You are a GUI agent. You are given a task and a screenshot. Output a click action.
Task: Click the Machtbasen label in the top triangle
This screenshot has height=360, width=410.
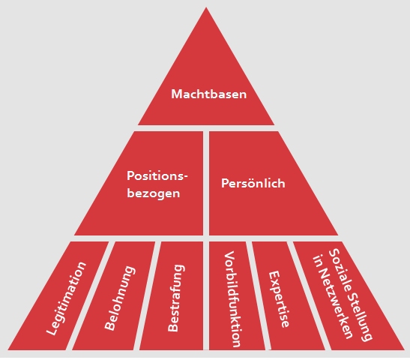tap(208, 94)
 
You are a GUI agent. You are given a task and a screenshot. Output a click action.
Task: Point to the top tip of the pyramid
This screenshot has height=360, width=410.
tap(206, 7)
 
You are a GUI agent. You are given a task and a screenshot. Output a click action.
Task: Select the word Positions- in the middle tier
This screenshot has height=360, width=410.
tap(157, 175)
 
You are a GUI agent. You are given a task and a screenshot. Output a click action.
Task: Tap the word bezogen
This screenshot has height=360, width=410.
tap(154, 193)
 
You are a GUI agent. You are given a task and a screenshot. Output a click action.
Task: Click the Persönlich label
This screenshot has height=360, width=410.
tap(253, 183)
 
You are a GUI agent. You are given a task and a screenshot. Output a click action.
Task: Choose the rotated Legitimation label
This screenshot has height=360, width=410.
tap(66, 298)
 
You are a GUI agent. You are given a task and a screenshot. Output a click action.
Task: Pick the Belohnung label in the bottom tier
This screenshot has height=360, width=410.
tap(120, 298)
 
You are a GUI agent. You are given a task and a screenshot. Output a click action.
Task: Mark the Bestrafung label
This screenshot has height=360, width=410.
tap(176, 298)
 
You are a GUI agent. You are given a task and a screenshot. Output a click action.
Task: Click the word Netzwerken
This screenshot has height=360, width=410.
tap(336, 304)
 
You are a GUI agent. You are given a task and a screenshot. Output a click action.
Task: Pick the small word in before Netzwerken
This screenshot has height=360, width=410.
tap(318, 262)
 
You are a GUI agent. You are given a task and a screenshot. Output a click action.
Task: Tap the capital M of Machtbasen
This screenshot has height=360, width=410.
tap(176, 94)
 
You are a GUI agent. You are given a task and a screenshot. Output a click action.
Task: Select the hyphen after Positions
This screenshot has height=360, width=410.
tap(185, 177)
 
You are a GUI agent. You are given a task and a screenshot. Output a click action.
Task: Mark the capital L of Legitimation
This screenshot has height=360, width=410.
tap(52, 329)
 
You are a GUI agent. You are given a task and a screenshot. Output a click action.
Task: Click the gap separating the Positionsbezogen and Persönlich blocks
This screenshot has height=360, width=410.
tap(206, 183)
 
